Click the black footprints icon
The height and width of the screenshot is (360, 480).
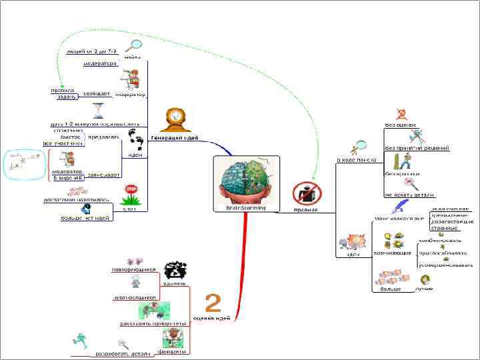[x=136, y=141]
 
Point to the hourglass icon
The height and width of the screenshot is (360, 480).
[x=99, y=109]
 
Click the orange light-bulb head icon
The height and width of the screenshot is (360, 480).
[x=175, y=118]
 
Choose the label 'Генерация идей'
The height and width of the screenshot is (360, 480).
[x=174, y=137]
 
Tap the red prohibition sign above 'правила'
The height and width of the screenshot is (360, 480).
[x=306, y=193]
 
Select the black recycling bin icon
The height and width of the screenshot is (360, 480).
[x=175, y=270]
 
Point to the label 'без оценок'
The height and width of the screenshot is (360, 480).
[x=401, y=124]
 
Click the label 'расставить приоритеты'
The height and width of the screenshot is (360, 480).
[x=153, y=323]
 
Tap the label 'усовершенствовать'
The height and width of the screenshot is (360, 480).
[x=446, y=265]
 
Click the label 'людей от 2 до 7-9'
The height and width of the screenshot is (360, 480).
[x=92, y=51]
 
